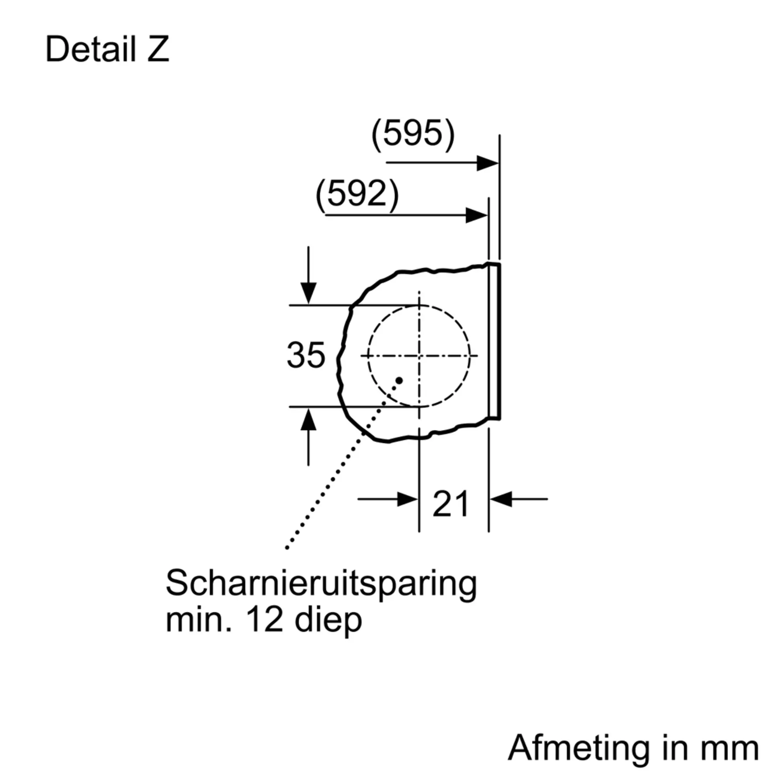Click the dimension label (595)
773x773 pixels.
[413, 135]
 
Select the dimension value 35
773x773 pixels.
[306, 355]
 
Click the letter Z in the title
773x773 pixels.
[158, 49]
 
